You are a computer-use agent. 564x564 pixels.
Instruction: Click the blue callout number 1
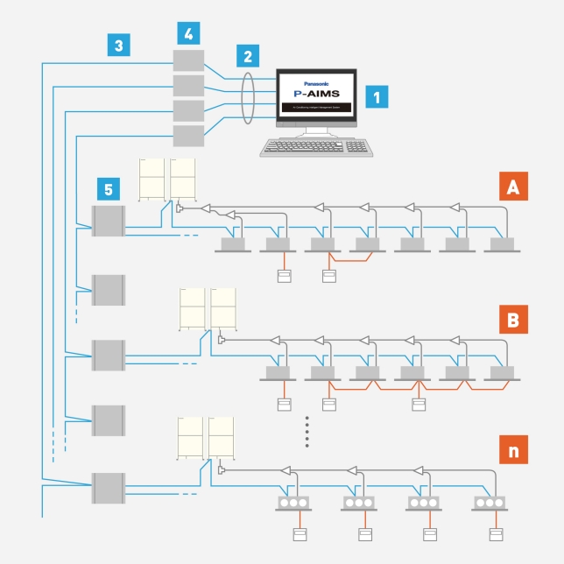coord(377,96)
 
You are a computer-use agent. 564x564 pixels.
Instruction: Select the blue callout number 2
coord(248,57)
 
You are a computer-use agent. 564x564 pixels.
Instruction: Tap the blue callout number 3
coord(119,45)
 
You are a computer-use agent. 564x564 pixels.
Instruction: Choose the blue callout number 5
coord(107,189)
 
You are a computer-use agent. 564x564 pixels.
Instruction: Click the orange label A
coord(511,187)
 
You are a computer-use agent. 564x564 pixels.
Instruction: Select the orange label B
coord(511,320)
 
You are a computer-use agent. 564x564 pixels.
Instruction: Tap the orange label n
coord(511,451)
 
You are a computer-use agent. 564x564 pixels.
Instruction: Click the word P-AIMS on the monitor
coord(315,91)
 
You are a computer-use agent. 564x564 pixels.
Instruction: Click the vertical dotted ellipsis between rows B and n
coord(307,432)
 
